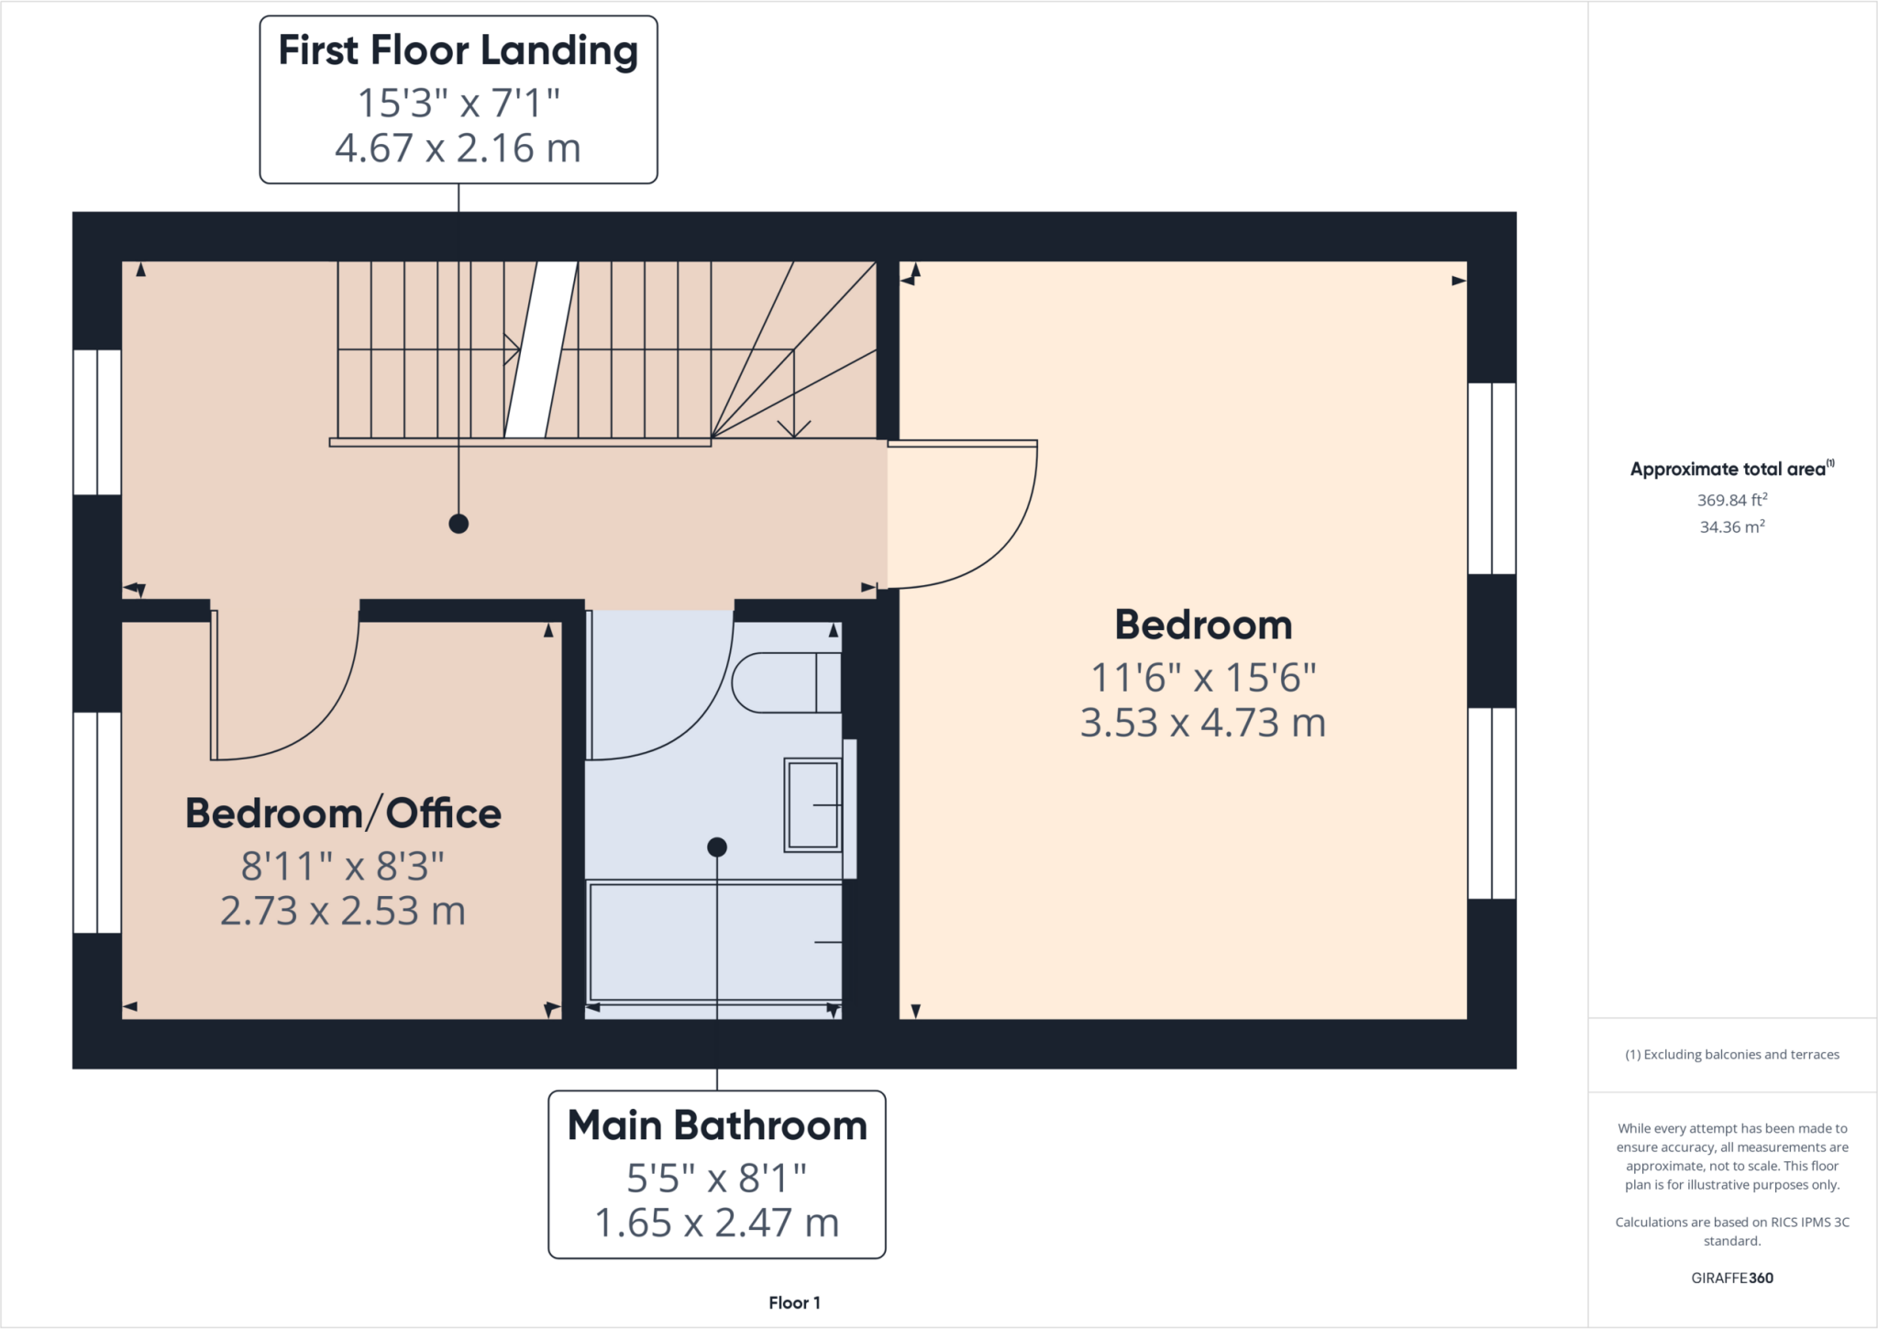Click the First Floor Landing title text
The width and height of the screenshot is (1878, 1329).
click(458, 51)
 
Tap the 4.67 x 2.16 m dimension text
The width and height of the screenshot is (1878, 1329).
click(458, 149)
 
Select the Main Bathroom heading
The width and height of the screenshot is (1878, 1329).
click(717, 1125)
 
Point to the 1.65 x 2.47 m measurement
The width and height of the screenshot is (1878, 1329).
click(717, 1223)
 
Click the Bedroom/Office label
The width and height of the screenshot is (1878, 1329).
click(343, 814)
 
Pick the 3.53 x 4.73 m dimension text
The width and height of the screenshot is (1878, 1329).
click(1203, 723)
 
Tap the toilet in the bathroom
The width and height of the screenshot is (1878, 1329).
click(785, 682)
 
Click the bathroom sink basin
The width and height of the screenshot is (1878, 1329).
click(813, 805)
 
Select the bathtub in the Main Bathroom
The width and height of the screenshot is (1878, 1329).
click(714, 942)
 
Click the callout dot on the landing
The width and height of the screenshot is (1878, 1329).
click(458, 524)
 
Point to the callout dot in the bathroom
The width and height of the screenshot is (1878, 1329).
click(717, 847)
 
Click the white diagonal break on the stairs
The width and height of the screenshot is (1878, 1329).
click(541, 349)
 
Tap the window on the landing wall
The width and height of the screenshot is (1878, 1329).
click(97, 422)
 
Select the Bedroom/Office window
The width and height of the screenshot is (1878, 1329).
click(97, 823)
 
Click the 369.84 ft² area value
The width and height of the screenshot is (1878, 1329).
click(1731, 500)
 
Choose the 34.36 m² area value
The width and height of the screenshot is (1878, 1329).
click(1731, 526)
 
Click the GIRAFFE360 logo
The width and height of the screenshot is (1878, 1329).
click(1731, 1278)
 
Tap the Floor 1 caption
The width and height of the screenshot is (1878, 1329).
click(794, 1302)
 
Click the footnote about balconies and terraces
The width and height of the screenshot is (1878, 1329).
click(1731, 1055)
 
